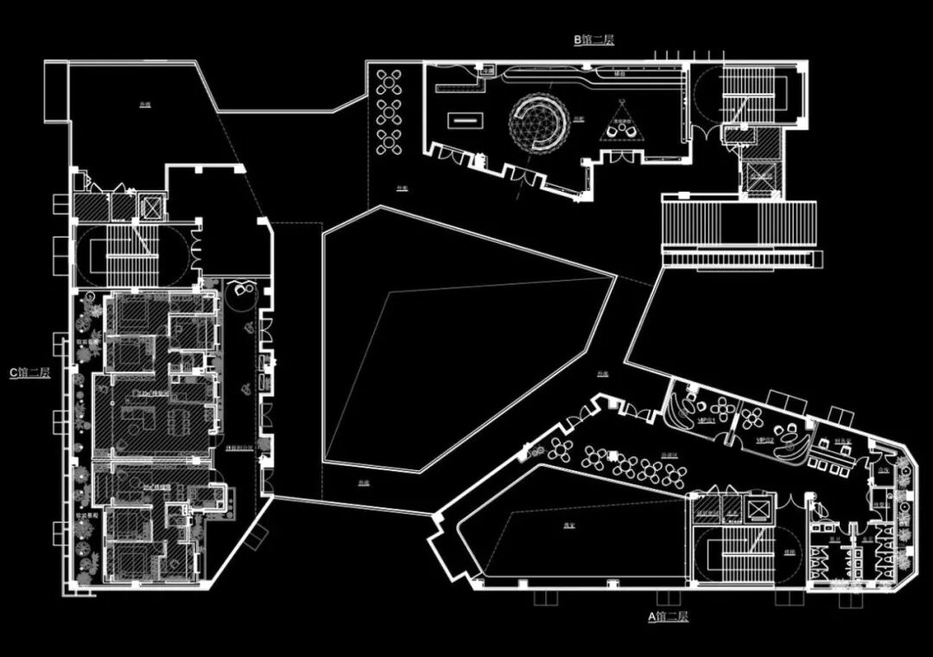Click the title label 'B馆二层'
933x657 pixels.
pyautogui.click(x=593, y=40)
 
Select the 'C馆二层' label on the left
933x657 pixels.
pyautogui.click(x=30, y=373)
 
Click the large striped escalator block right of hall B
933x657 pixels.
pyautogui.click(x=739, y=223)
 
